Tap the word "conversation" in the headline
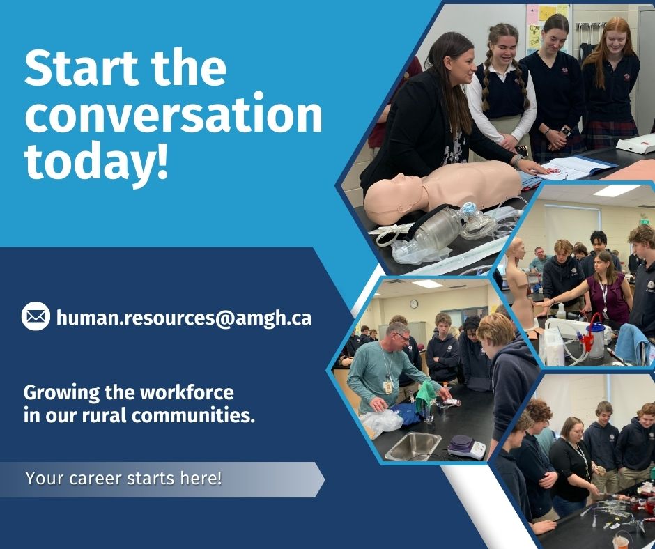pos(174,116)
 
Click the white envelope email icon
pos(36,317)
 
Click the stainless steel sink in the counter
pos(412,447)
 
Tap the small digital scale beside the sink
pos(465,446)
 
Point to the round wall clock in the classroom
pos(413,304)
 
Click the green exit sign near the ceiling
pos(644,222)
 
